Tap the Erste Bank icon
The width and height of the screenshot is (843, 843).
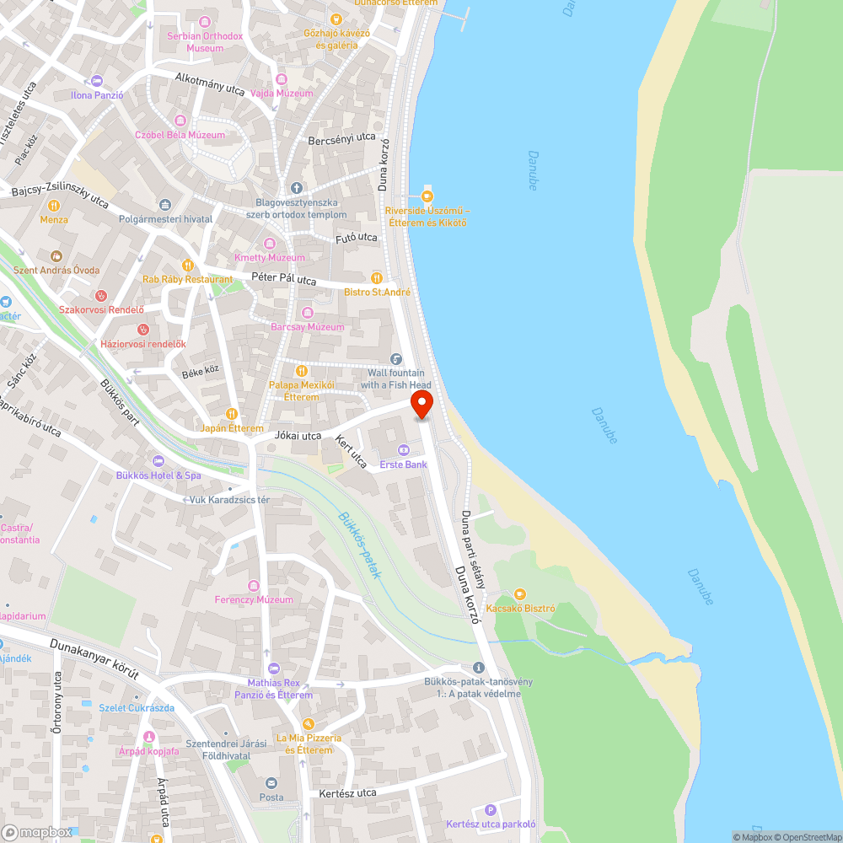point(403,449)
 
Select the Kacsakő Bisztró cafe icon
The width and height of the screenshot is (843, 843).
point(519,594)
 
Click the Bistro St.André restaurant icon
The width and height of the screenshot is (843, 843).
point(377,278)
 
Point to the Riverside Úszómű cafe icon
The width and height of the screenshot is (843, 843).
point(427,196)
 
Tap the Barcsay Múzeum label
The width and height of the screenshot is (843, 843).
point(307,327)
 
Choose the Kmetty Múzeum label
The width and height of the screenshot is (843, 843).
point(270,257)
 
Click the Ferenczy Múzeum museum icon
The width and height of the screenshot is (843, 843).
point(253,586)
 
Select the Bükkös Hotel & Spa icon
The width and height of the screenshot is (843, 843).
point(158,461)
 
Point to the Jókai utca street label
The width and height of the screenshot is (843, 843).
point(298,436)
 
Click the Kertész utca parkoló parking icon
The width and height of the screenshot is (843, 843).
point(491,809)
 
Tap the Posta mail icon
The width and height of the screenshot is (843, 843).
point(271,783)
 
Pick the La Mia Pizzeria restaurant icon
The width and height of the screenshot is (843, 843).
point(309,724)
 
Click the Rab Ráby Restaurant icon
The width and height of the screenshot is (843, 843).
point(187,266)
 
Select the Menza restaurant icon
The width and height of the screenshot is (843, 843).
point(54,205)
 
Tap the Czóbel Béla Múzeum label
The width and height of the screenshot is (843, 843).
point(180,135)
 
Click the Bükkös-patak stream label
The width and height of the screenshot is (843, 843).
point(360,545)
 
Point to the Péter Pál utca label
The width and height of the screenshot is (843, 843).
point(283,279)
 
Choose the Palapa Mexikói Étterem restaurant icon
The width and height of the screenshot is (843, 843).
point(302,371)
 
